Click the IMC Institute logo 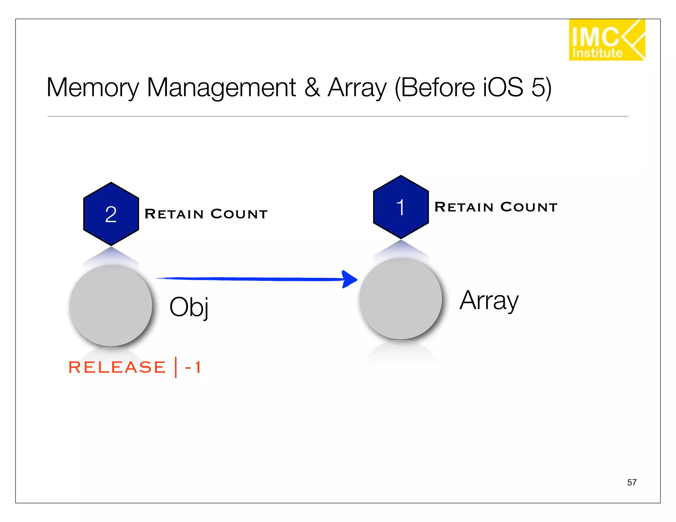[606, 40]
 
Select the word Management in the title [221, 88]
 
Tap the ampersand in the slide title [312, 88]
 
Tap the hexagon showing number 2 [111, 214]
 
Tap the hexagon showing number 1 [401, 207]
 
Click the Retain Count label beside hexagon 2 [206, 214]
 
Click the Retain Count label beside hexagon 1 [496, 207]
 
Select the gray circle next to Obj [111, 306]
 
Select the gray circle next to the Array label [400, 299]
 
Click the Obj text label [189, 307]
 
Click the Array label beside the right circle [489, 301]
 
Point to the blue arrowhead [349, 279]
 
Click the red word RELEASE [117, 367]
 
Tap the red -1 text [193, 367]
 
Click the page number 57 [631, 482]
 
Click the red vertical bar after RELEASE [176, 367]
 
